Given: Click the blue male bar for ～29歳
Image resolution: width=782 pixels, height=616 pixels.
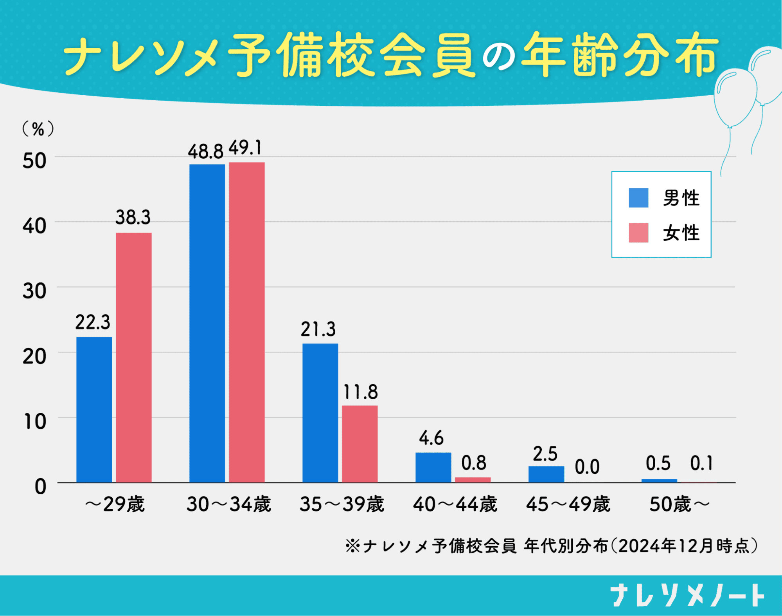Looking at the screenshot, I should click(94, 409).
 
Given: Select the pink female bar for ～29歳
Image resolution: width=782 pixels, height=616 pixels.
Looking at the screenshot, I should click(133, 357).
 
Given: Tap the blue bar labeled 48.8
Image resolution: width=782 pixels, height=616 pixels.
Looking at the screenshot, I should click(207, 323).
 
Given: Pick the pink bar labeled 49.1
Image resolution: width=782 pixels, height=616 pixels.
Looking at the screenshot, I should click(246, 322).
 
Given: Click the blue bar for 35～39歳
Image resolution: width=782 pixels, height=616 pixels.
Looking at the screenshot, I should click(320, 413).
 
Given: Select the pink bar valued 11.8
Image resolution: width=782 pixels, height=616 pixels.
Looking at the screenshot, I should click(360, 444).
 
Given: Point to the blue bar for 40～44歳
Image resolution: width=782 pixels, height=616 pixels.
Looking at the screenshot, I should click(433, 467).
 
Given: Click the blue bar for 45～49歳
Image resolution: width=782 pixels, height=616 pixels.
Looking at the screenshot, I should click(546, 474).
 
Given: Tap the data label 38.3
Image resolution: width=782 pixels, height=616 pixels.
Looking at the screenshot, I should click(133, 217).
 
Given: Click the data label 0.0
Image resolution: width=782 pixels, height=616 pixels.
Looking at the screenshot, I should click(587, 467).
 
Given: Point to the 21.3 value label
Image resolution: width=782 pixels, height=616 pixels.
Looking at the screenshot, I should click(318, 329).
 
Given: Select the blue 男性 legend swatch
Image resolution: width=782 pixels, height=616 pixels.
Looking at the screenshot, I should click(638, 198).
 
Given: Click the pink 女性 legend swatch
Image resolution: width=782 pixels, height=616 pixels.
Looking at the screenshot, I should click(638, 233).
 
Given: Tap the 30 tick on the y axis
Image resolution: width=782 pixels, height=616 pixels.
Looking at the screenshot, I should click(34, 291).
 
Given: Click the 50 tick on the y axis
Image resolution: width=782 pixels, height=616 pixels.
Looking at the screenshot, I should click(34, 161).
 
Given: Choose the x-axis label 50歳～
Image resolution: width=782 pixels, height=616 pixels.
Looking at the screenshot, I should click(680, 504).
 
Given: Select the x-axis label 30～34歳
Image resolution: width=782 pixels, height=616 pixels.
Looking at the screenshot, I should click(229, 504).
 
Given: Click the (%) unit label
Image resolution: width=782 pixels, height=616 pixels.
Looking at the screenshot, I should click(38, 129).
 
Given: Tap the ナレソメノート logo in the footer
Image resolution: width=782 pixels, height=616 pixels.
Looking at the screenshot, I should click(687, 595).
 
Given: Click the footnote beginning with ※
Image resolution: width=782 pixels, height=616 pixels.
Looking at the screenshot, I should click(551, 546).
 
